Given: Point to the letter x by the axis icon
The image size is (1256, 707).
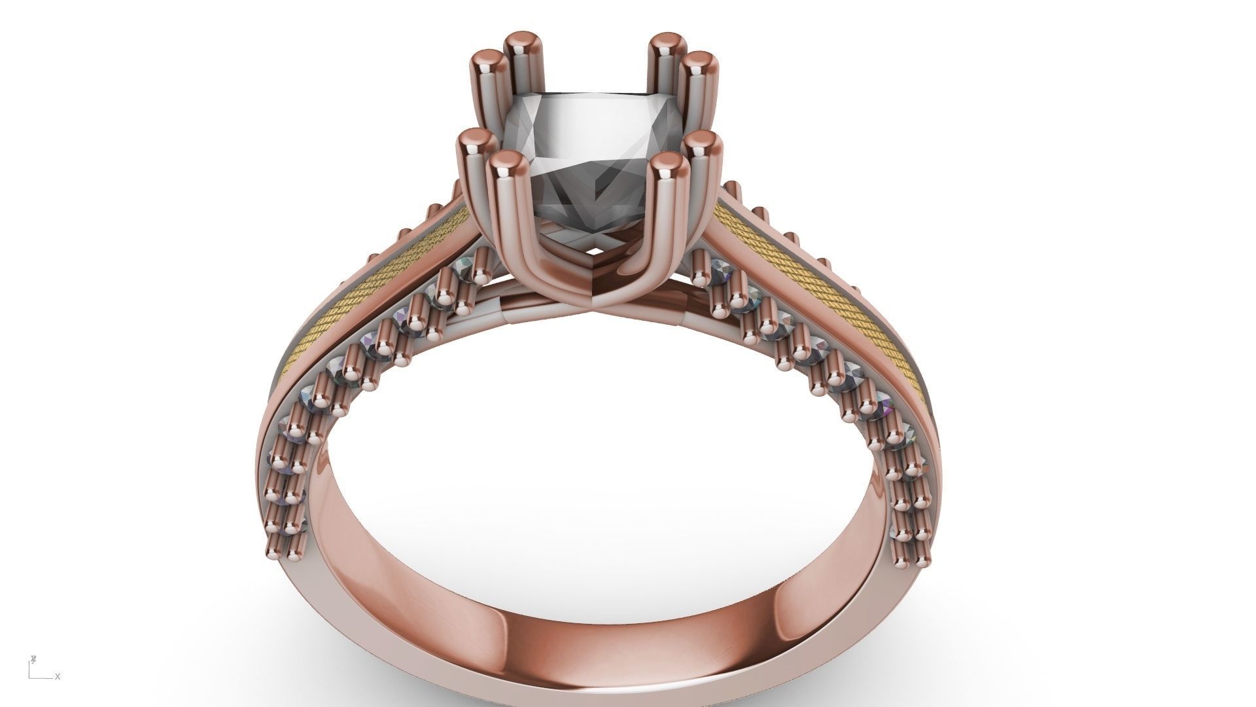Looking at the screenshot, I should (x=58, y=677).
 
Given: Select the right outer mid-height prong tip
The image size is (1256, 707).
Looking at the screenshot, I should (x=703, y=142).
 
